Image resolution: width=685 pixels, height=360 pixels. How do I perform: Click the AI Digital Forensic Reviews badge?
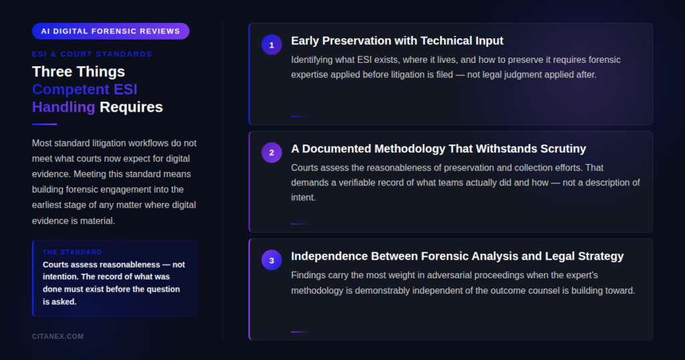pyautogui.click(x=110, y=31)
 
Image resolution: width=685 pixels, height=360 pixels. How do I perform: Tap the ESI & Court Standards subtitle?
pyautogui.click(x=92, y=54)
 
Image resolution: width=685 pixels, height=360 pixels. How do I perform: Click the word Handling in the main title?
pyautogui.click(x=64, y=107)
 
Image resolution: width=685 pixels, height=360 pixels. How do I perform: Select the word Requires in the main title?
pyautogui.click(x=131, y=107)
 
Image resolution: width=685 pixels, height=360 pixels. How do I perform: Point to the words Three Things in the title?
pyautogui.click(x=79, y=71)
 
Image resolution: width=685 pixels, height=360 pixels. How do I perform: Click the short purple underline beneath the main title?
pyautogui.click(x=45, y=124)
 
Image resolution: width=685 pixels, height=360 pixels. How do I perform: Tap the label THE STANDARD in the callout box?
pyautogui.click(x=72, y=252)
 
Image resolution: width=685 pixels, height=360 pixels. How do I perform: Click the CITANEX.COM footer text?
pyautogui.click(x=58, y=337)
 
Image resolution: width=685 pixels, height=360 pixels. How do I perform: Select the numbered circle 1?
pyautogui.click(x=272, y=45)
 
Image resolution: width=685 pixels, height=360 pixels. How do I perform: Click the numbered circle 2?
pyautogui.click(x=272, y=153)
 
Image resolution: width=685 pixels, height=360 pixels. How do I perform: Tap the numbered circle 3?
pyautogui.click(x=272, y=260)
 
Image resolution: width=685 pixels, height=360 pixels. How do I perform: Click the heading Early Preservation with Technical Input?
pyautogui.click(x=397, y=41)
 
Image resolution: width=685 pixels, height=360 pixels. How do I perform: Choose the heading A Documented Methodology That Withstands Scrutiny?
pyautogui.click(x=439, y=149)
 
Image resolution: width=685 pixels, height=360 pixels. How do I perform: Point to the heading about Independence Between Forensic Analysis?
pyautogui.click(x=458, y=256)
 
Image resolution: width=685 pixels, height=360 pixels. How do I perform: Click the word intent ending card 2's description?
pyautogui.click(x=303, y=197)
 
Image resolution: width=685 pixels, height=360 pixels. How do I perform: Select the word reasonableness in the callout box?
pyautogui.click(x=130, y=265)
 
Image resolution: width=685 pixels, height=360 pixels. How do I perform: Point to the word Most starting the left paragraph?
pyautogui.click(x=42, y=143)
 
